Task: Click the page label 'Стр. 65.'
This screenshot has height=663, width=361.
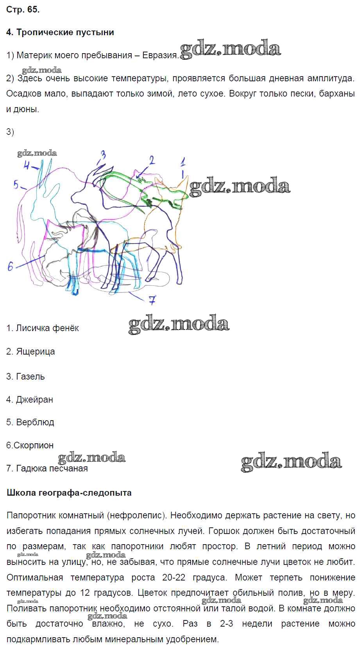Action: (23, 9)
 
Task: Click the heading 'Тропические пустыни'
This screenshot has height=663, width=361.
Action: (65, 32)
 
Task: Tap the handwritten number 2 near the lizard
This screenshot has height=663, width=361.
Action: (152, 160)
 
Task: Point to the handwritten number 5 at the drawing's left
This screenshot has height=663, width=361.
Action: (16, 185)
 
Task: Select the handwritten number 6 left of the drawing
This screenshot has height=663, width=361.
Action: (11, 267)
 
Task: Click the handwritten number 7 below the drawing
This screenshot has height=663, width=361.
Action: (152, 300)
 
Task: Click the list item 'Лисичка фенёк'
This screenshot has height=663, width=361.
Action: (43, 328)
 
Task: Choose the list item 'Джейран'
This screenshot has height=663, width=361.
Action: (30, 399)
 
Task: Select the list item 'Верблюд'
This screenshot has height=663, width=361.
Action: (30, 422)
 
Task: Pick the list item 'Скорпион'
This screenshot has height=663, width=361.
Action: (30, 445)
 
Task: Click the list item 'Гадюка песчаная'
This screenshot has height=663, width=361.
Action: (47, 468)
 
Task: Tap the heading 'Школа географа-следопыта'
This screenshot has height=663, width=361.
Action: (69, 493)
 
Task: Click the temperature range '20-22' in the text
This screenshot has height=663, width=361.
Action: (173, 577)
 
